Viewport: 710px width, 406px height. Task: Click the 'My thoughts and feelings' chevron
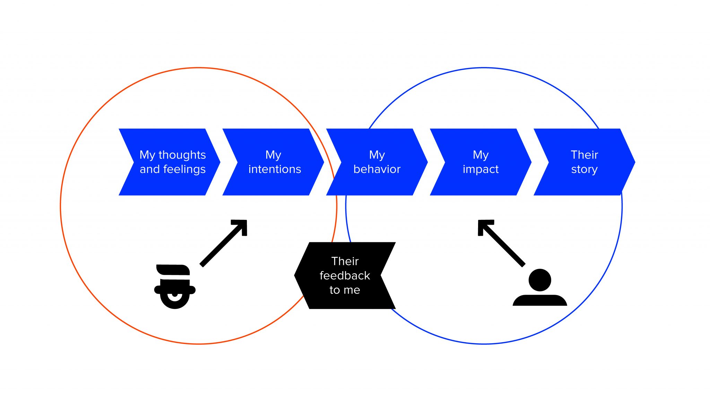(x=170, y=162)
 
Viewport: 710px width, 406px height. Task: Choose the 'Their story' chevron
(x=585, y=162)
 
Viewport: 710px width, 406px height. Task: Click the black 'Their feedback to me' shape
(x=345, y=275)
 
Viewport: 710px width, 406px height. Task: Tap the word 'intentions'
(x=275, y=169)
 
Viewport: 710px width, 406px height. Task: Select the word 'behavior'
(x=377, y=169)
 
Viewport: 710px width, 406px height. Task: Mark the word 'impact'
(x=480, y=169)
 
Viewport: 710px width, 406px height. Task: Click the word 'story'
(x=585, y=170)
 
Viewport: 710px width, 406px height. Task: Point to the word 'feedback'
(x=345, y=276)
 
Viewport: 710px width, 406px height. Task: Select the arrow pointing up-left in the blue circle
(x=501, y=242)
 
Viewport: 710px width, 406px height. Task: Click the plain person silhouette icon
(x=540, y=288)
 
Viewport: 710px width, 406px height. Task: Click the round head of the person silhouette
(x=540, y=280)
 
